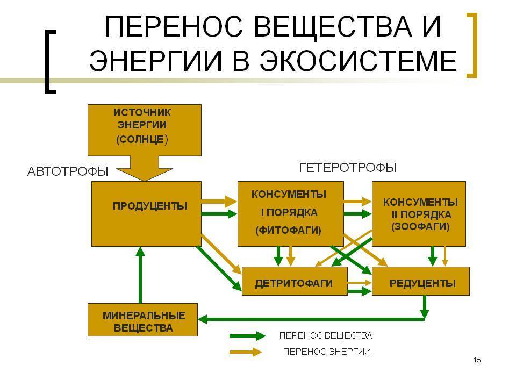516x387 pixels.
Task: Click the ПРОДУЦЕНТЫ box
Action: point(146,213)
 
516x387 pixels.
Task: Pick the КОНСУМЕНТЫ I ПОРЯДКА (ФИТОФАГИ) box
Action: point(290,213)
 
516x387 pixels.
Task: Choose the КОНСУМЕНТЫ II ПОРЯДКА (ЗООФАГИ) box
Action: point(419,213)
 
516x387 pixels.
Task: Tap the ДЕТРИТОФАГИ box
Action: point(295,281)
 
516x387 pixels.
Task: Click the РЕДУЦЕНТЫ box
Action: point(421,281)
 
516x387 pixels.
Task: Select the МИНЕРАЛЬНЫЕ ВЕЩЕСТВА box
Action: point(143,320)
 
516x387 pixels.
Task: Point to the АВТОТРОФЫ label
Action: point(68,171)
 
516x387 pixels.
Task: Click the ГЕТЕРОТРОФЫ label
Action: point(347,168)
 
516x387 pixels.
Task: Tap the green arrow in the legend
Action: point(247,336)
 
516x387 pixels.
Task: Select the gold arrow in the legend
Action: point(247,353)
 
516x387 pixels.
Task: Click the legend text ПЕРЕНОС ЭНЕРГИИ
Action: point(327,352)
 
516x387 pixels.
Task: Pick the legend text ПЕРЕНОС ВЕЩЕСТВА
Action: point(326,336)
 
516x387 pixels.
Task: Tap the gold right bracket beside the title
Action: point(471,45)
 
